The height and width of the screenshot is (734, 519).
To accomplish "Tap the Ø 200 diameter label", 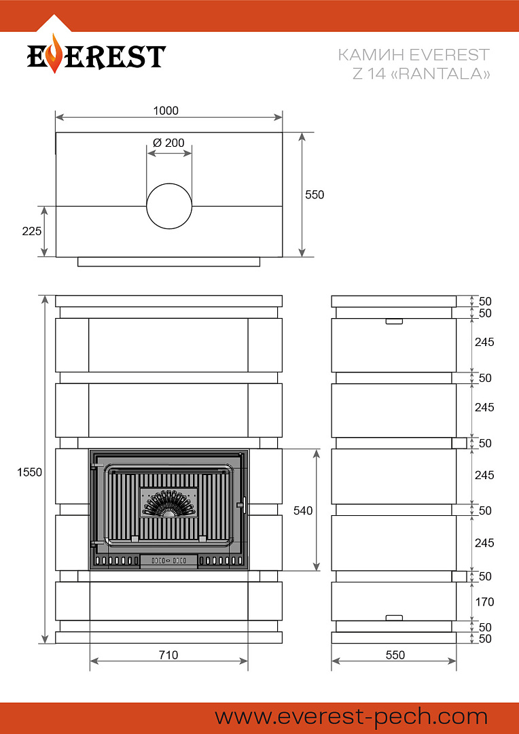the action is [168, 143].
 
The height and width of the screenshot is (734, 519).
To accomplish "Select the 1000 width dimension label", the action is [166, 111].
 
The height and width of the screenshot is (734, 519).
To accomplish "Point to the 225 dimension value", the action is [32, 231].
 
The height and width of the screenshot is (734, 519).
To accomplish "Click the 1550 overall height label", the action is [29, 472].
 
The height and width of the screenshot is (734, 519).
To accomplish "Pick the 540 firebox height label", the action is [303, 510].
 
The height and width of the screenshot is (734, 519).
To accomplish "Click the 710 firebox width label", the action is [168, 655].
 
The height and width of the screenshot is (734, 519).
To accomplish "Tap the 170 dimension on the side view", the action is [484, 601].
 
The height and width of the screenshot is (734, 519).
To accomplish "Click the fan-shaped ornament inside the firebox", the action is [168, 503].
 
